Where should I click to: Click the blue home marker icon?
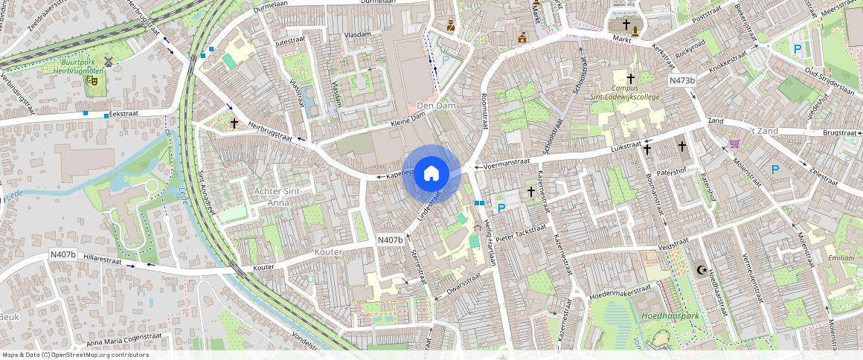coord(431,174)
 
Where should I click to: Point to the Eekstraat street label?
coord(123,114)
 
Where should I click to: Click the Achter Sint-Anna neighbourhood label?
coord(277,196)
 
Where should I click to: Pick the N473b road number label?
coord(681,80)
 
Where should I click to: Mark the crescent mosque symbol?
coord(699,270)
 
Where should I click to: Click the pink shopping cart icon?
coord(735,143)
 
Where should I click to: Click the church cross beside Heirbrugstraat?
coord(234,123)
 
